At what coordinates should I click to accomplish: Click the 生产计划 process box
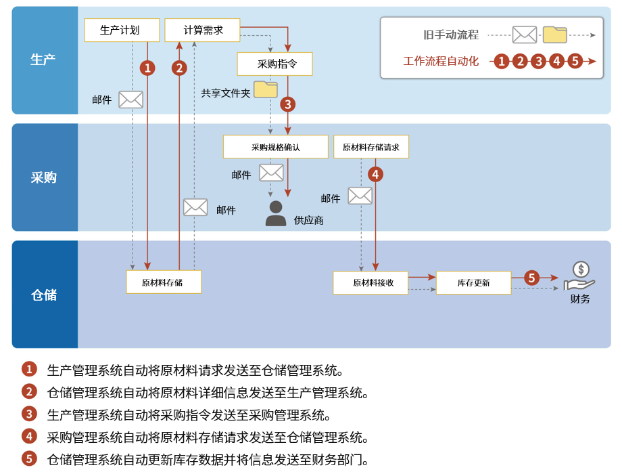pyautogui.click(x=122, y=30)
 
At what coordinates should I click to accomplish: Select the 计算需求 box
pyautogui.click(x=203, y=30)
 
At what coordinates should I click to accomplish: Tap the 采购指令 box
pyautogui.click(x=275, y=64)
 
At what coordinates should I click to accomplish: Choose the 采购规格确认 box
pyautogui.click(x=275, y=147)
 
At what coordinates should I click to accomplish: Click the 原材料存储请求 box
pyautogui.click(x=371, y=147)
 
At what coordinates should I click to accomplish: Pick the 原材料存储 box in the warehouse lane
pyautogui.click(x=164, y=282)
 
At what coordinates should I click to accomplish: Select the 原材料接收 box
pyautogui.click(x=370, y=282)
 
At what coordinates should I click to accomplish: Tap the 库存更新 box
pyautogui.click(x=473, y=282)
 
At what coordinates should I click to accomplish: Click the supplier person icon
pyautogui.click(x=275, y=213)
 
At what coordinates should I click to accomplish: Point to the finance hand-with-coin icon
pyautogui.click(x=579, y=276)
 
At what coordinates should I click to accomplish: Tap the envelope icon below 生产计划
pyautogui.click(x=130, y=100)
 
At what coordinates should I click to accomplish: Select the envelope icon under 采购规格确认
pyautogui.click(x=271, y=173)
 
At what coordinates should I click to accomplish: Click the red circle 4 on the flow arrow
pyautogui.click(x=375, y=174)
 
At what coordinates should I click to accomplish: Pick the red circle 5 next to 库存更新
pyautogui.click(x=531, y=278)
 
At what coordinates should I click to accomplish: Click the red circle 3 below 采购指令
pyautogui.click(x=288, y=104)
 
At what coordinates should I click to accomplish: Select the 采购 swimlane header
pyautogui.click(x=45, y=177)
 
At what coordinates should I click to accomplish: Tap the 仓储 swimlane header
pyautogui.click(x=45, y=295)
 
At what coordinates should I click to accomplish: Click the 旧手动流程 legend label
pyautogui.click(x=451, y=35)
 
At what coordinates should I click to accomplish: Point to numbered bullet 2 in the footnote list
pyautogui.click(x=29, y=391)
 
